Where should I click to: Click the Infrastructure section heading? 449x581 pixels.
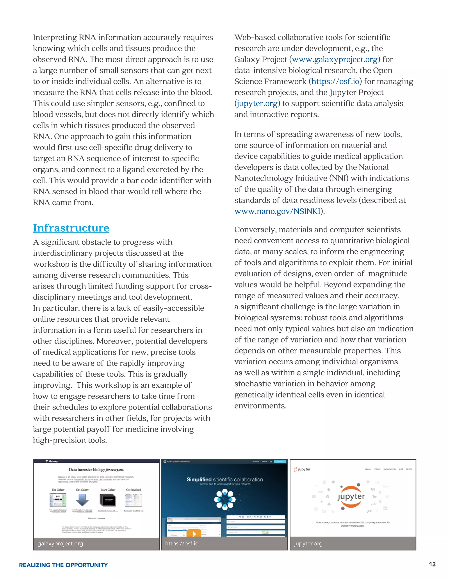[71, 228]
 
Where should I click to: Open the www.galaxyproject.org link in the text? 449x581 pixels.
[335, 59]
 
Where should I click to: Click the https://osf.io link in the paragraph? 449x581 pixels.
[335, 81]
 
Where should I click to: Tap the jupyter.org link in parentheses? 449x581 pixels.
[257, 103]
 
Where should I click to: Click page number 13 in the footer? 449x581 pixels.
[432, 564]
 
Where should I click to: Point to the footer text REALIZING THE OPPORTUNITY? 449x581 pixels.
[63, 565]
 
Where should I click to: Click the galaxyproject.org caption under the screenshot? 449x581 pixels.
[60, 544]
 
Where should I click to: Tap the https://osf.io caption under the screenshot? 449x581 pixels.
[182, 544]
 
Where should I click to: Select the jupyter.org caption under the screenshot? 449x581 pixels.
[308, 544]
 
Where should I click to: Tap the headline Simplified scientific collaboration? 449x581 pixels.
[225, 479]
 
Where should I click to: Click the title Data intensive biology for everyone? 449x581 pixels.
[96, 470]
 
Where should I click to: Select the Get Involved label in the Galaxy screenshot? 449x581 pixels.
[134, 490]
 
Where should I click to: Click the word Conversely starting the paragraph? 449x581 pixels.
[255, 230]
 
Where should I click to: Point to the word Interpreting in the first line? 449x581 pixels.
[55, 37]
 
